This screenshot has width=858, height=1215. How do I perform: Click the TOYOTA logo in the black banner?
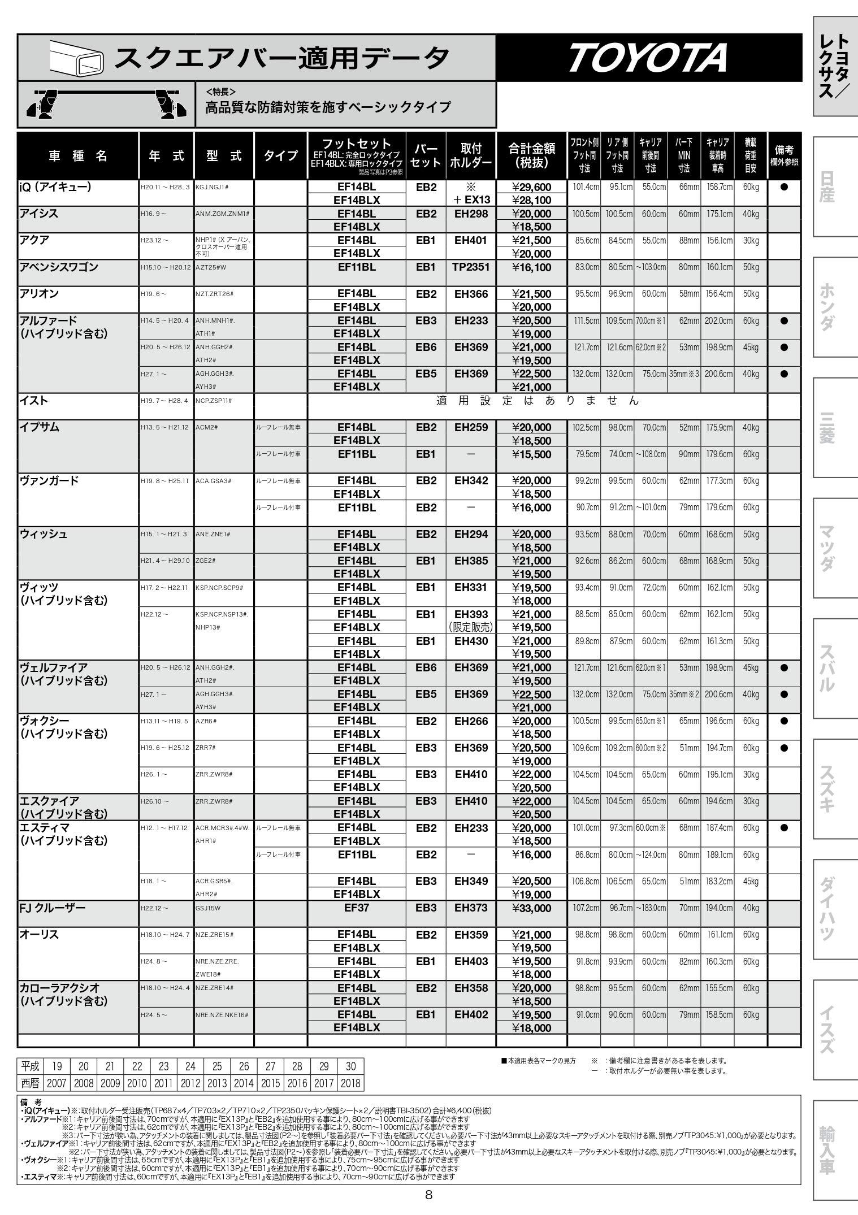click(648, 58)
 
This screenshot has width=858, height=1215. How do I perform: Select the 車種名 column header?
click(78, 156)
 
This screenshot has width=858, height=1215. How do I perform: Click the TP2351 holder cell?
click(471, 267)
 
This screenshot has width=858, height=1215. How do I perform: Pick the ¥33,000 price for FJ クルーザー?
click(531, 908)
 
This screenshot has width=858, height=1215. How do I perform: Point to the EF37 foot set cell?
click(356, 908)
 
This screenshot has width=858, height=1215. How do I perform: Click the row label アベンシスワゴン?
click(59, 267)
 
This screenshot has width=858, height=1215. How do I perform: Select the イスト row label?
click(34, 401)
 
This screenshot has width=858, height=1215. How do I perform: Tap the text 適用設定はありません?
click(537, 401)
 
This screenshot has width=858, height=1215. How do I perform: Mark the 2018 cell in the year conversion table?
click(350, 1083)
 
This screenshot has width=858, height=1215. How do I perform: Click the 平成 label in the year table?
click(31, 1066)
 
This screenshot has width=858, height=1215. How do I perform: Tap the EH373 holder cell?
click(471, 908)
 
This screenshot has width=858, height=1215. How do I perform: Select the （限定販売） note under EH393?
click(471, 627)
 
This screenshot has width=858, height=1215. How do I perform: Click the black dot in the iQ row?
click(784, 187)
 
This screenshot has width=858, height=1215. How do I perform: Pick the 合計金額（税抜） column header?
click(531, 156)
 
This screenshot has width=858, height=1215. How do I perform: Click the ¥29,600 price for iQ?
click(531, 187)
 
